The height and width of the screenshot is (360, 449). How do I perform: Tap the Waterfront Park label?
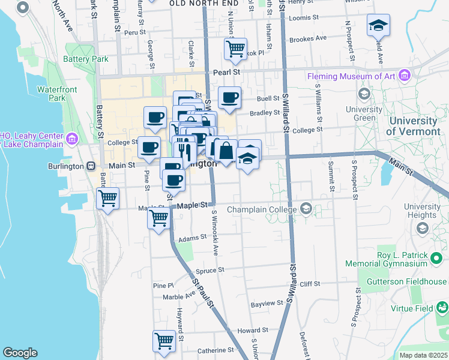50,94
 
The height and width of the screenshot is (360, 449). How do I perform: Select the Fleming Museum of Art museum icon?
405,76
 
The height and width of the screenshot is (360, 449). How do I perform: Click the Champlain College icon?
306,209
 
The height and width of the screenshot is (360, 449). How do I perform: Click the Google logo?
20,353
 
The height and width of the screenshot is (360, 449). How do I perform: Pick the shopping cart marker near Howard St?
164,340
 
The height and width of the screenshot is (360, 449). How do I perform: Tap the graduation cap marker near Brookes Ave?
378,25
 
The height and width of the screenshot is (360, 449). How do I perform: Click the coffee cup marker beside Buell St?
229,98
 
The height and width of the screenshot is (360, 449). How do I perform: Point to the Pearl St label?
226,72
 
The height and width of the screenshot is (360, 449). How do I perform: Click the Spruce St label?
209,270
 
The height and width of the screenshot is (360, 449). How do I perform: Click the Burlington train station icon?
91,166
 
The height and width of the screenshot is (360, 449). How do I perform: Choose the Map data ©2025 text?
423,355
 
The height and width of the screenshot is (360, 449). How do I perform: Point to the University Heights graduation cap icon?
422,228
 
